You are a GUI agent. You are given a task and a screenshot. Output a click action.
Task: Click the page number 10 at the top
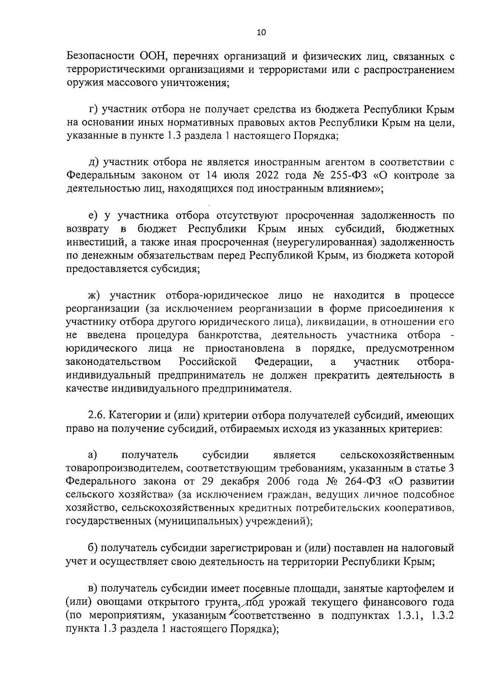(261, 33)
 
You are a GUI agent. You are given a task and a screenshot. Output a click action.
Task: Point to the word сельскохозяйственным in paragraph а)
(397, 455)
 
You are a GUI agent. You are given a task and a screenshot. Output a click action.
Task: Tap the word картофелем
(412, 589)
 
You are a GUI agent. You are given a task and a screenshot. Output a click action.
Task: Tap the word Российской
(208, 362)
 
